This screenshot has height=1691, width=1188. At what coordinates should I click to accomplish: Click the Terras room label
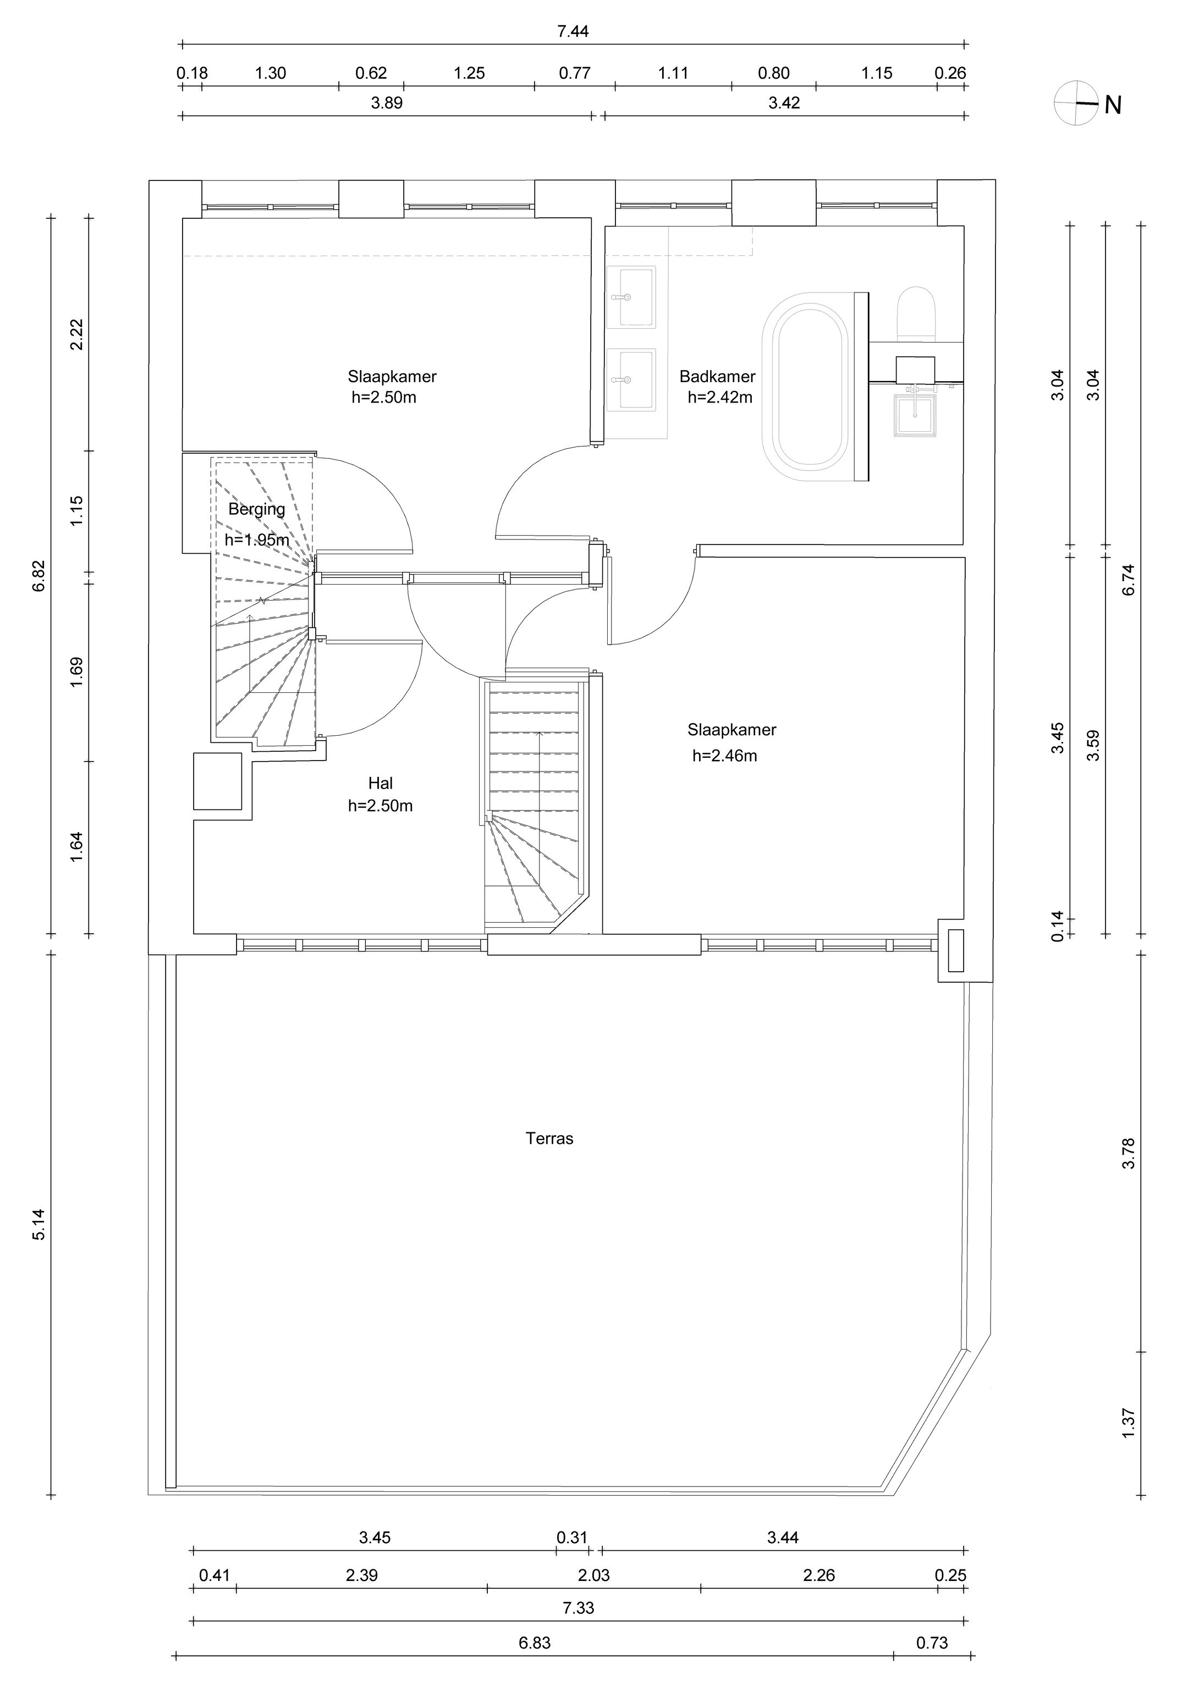[549, 1139]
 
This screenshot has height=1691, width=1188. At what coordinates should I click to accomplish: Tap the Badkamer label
[717, 376]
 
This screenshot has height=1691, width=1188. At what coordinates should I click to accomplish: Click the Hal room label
[381, 783]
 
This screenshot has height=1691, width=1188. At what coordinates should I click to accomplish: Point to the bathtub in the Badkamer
[807, 387]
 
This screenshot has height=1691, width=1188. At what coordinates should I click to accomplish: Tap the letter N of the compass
[1113, 106]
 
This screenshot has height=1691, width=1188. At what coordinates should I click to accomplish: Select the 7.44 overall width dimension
[573, 32]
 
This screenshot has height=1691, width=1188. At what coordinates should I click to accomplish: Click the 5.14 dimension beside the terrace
[38, 1225]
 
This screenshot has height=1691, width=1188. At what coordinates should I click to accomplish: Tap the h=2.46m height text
[725, 756]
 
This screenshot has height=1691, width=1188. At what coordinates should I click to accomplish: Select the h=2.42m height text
[721, 398]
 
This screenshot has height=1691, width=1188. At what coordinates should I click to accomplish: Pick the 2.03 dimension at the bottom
[593, 1576]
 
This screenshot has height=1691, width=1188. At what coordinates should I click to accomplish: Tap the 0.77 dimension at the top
[575, 73]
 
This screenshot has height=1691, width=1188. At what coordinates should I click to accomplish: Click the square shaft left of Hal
[218, 781]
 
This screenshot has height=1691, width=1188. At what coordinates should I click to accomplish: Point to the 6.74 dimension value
[1129, 580]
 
